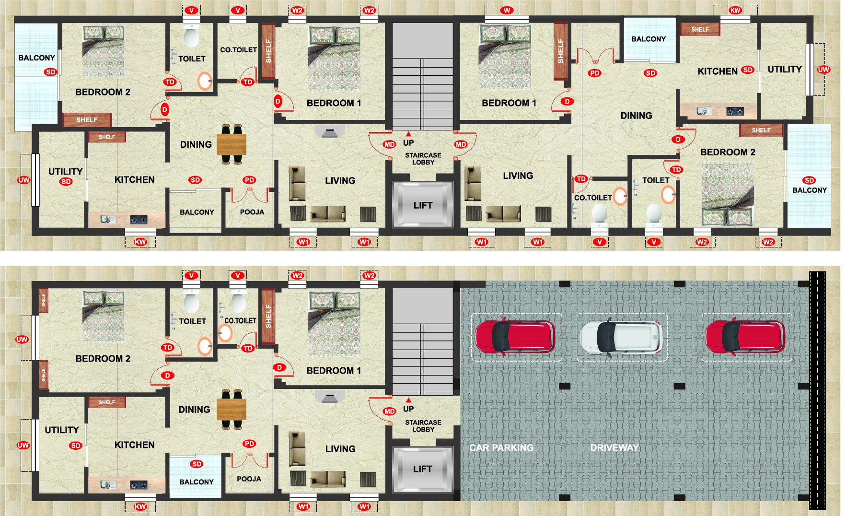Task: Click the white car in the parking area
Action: tap(621, 337)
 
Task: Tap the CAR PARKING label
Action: tap(501, 448)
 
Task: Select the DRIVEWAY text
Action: tap(614, 448)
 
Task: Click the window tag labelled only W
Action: tap(507, 10)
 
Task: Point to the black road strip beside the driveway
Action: tap(817, 391)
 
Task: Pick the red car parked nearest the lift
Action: tap(515, 337)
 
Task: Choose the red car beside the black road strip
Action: tap(745, 337)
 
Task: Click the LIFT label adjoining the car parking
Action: tap(423, 469)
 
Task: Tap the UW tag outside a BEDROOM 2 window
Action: tap(22, 340)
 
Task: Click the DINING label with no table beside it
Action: tap(636, 116)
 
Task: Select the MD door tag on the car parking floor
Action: tap(389, 411)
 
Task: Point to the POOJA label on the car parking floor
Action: tap(249, 479)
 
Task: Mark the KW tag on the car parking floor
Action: tap(140, 506)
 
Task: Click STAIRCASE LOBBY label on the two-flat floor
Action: tap(423, 159)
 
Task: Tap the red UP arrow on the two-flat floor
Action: tap(408, 134)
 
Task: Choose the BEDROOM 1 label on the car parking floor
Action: tap(334, 371)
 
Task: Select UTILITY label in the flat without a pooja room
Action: tap(785, 70)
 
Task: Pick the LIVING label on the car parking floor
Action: tap(340, 449)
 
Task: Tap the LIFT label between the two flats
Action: tap(423, 205)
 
